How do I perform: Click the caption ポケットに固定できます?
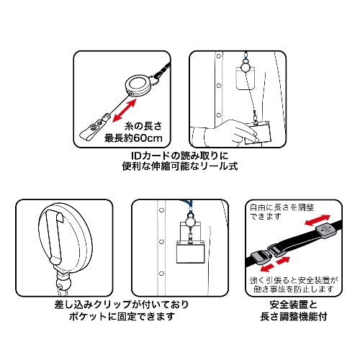coord(95,315)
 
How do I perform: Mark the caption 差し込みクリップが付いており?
coord(95,305)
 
